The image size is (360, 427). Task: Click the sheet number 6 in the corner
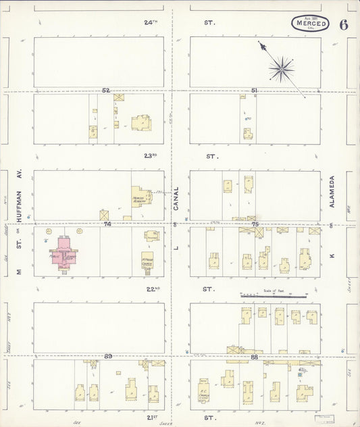tap(344, 25)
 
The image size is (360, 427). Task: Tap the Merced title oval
tap(311, 24)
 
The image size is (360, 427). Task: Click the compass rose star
tap(280, 68)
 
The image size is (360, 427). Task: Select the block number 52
tap(106, 90)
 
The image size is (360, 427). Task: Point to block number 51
tap(254, 90)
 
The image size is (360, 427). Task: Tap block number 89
tap(108, 355)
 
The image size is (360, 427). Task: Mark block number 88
tap(255, 355)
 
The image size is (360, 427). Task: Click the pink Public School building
tap(65, 251)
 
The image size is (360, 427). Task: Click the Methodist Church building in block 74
tap(148, 259)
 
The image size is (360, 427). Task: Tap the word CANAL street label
tap(176, 200)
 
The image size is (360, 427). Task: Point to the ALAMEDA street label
tap(332, 192)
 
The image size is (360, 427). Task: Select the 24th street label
tap(151, 22)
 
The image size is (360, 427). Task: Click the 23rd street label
tap(150, 156)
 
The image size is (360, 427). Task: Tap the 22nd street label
tap(150, 289)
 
